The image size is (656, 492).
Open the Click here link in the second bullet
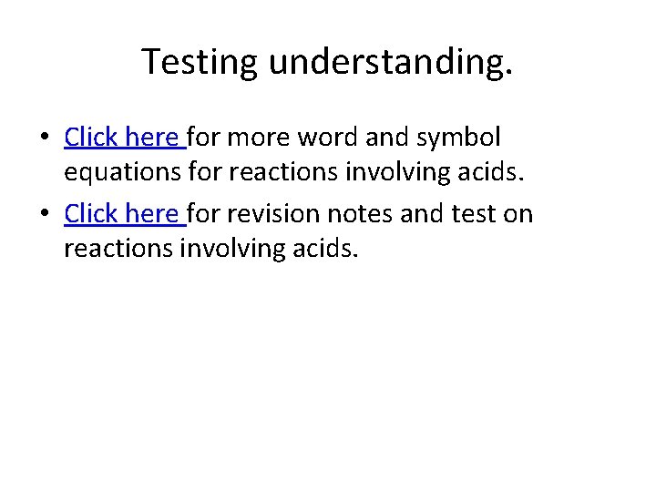click(124, 214)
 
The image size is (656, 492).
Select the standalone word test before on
click(477, 214)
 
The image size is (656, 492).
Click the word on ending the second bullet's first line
click(520, 214)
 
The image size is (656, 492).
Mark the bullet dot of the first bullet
click(45, 138)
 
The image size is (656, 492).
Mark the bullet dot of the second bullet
click(45, 216)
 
